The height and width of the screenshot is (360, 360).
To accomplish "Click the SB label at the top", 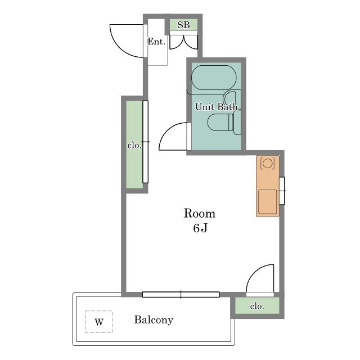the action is click(183, 25).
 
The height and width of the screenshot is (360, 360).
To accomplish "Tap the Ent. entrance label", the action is click(156, 42).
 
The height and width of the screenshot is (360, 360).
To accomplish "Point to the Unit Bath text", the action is click(216, 107).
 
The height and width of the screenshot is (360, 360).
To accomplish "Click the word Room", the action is click(200, 213).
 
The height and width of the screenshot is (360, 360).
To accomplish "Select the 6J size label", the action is click(200, 228).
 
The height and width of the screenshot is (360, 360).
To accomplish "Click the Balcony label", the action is click(154, 320).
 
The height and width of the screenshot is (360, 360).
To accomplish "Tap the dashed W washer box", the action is click(99, 322).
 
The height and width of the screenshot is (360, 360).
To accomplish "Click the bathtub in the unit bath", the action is click(214, 78).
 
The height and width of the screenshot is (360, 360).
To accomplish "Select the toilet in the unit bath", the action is click(220, 123).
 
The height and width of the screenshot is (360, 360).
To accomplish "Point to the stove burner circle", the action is click(268, 163).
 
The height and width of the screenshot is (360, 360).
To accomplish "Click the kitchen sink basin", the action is click(268, 202).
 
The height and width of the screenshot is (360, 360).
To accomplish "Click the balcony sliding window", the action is click(181, 294).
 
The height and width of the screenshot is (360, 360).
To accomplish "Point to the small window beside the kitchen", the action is click(282, 191).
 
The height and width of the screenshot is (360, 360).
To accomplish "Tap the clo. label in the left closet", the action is click(134, 145).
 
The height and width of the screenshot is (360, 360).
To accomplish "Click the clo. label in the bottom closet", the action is click(257, 306).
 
